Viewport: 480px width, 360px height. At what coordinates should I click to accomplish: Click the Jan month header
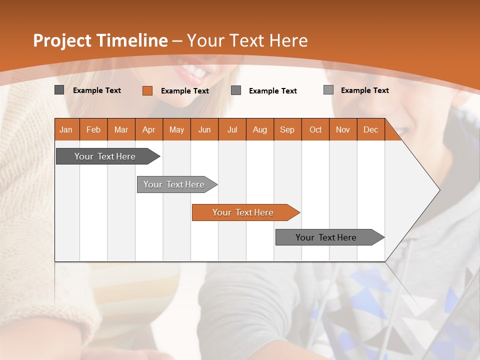point(66,130)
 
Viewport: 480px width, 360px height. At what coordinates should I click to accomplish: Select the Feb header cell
point(93,130)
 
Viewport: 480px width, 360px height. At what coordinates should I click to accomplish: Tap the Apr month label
point(148,130)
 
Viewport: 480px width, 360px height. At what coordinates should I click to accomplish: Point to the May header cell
point(176,130)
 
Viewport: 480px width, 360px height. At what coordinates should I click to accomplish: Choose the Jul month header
point(232,130)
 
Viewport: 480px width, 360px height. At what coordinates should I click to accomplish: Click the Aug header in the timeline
point(259,130)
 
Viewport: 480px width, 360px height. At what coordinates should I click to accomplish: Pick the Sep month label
point(287,130)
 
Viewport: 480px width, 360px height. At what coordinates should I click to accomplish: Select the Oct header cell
point(315,130)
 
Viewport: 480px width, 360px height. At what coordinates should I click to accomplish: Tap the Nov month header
point(343,130)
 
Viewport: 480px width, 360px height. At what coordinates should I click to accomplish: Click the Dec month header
point(370,130)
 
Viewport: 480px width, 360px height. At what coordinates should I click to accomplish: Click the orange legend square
point(147,90)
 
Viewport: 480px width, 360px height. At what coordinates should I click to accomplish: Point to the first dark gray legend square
point(59,90)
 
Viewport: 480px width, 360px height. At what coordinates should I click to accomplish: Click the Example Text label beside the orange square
point(184,91)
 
